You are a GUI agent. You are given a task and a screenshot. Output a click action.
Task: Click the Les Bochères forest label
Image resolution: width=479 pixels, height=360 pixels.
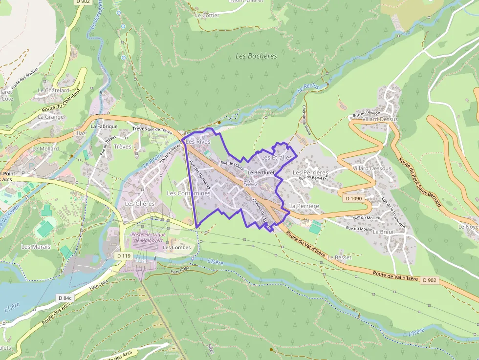256,56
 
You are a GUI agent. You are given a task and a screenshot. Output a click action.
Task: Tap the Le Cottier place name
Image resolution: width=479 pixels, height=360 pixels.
207,15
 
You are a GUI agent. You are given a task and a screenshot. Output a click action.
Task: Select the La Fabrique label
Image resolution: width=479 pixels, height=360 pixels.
104,126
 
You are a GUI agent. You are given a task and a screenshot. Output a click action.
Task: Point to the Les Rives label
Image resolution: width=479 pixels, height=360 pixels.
198,142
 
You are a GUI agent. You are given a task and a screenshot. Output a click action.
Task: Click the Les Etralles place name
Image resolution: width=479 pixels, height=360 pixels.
276,158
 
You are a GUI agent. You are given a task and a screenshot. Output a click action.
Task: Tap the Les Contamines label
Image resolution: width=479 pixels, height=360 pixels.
189,193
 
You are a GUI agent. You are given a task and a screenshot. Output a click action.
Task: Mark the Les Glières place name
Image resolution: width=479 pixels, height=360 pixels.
140,204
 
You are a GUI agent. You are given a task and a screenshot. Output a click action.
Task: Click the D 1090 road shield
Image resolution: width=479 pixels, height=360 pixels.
353,198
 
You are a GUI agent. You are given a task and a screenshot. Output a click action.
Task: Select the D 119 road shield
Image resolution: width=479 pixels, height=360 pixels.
124,255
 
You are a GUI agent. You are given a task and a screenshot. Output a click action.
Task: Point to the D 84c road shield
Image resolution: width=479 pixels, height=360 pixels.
65,297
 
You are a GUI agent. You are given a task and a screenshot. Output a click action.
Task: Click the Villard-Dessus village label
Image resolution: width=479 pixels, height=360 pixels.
380,119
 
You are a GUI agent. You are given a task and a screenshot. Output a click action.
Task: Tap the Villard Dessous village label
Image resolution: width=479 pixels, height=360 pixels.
371,169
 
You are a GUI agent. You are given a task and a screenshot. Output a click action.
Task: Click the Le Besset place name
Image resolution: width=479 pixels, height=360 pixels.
339,257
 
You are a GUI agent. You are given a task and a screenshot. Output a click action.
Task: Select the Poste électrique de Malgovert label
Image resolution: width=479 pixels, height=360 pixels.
149,237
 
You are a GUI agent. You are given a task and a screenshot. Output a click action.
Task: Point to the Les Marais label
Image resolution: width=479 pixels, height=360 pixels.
36,247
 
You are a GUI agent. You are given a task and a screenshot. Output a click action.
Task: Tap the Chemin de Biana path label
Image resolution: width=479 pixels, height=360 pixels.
307,120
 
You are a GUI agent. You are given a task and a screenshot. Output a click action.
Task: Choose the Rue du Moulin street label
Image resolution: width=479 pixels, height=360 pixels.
359,228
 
